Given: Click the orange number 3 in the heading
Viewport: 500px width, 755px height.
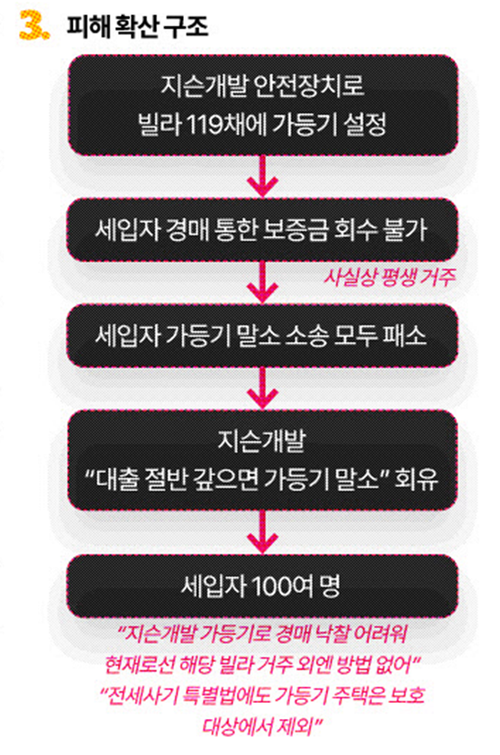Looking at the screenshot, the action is pyautogui.click(x=33, y=25).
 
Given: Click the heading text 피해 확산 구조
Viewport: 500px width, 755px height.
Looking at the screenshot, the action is pyautogui.click(x=137, y=27).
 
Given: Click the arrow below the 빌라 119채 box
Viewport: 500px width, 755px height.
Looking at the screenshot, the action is pyautogui.click(x=262, y=175).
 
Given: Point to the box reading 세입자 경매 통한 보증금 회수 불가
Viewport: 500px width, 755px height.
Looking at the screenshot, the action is pyautogui.click(x=262, y=229).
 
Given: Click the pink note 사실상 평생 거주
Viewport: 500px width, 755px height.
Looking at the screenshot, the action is pyautogui.click(x=388, y=277).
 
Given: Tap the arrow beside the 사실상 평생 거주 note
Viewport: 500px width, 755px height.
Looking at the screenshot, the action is pyautogui.click(x=262, y=282).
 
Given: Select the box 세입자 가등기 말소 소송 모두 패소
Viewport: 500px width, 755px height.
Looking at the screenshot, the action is pyautogui.click(x=262, y=336).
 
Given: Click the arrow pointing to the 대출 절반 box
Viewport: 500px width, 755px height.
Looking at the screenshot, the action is pyautogui.click(x=262, y=388).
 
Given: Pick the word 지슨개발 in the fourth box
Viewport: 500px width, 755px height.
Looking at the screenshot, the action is pyautogui.click(x=262, y=440).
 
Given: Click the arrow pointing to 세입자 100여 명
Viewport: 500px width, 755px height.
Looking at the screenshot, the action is pyautogui.click(x=262, y=532).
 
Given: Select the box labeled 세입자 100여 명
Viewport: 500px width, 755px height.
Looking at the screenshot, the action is pyautogui.click(x=262, y=586).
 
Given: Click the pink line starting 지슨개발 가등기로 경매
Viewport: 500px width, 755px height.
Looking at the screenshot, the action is pyautogui.click(x=263, y=634).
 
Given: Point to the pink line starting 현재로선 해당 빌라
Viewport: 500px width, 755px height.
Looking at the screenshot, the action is pyautogui.click(x=263, y=665).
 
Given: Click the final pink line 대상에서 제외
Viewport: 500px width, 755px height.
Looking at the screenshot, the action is pyautogui.click(x=262, y=726).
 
